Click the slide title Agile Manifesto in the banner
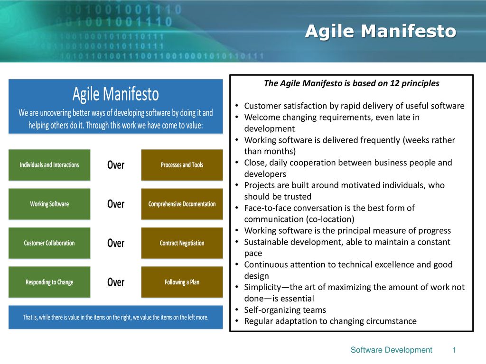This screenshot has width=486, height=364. (381, 31)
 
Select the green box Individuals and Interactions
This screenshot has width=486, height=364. (49, 165)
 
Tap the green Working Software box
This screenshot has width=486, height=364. (49, 204)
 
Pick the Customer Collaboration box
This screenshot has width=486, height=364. (49, 243)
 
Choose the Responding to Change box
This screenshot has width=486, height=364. (49, 282)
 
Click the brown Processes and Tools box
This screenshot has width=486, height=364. (182, 165)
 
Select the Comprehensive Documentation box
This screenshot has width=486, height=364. (182, 204)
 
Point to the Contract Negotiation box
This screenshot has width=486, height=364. (182, 243)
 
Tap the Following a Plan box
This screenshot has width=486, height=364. (182, 282)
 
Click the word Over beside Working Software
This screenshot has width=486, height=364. (116, 204)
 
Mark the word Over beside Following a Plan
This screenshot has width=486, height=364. (116, 282)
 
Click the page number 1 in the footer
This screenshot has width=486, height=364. (454, 350)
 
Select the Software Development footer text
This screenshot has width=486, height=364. (391, 350)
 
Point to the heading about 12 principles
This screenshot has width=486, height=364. (352, 83)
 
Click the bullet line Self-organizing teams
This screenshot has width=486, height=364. (285, 310)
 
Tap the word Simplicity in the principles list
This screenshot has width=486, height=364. (262, 287)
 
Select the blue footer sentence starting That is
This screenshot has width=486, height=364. (116, 317)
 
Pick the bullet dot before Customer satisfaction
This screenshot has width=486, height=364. (236, 106)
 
